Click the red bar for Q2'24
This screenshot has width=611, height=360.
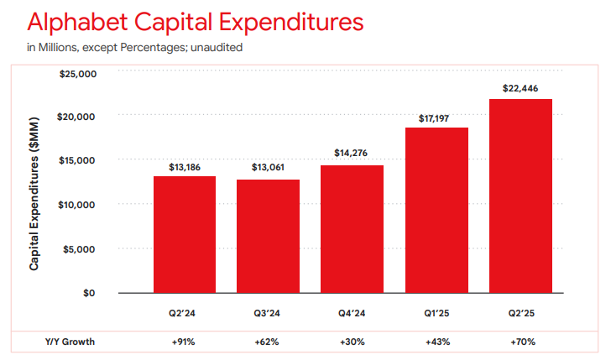click(x=185, y=234)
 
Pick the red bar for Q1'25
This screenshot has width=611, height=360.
click(x=436, y=210)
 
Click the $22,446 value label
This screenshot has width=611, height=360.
click(x=520, y=87)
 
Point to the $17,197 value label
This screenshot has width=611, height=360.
click(x=436, y=117)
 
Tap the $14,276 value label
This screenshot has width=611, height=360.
click(x=352, y=154)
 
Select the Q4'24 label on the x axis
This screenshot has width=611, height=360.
click(x=352, y=315)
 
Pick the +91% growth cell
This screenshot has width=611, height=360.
click(x=185, y=342)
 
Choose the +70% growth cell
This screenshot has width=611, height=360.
click(x=520, y=342)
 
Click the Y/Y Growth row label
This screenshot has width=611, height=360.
click(x=70, y=342)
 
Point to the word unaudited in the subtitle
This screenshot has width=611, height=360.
click(x=217, y=48)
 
